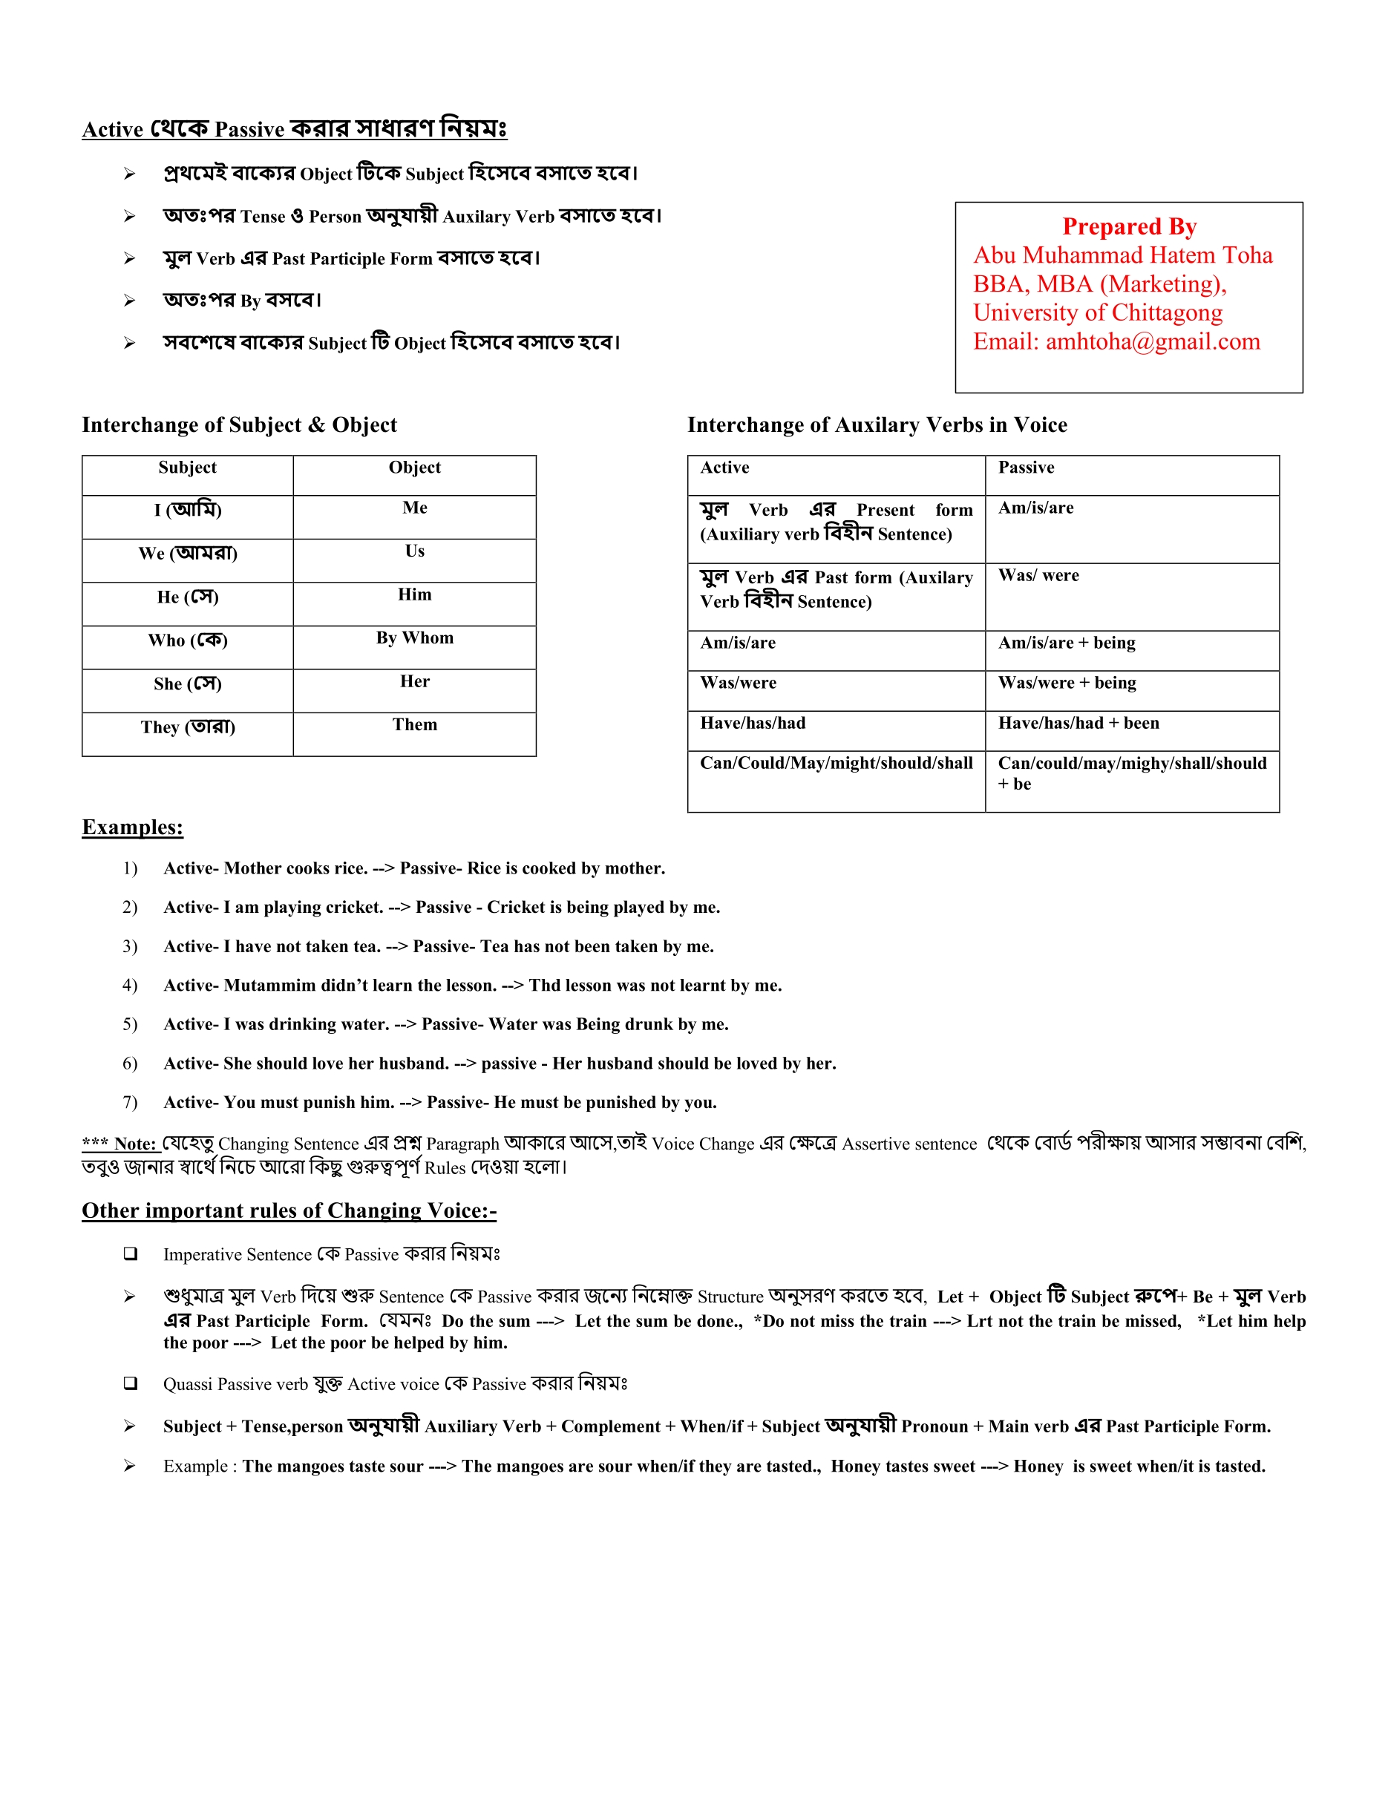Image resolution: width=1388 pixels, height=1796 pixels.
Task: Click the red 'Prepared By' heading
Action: coord(1129,226)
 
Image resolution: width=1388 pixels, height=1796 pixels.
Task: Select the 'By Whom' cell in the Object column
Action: coord(414,638)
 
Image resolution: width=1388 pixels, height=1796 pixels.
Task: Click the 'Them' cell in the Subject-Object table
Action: coord(414,724)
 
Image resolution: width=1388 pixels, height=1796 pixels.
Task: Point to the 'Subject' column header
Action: coord(188,467)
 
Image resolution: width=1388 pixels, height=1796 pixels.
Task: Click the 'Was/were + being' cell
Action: coord(1067,683)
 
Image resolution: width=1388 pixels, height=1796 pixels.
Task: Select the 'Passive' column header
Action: coord(1025,467)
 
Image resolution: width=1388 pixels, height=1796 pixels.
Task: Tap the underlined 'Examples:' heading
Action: coord(132,827)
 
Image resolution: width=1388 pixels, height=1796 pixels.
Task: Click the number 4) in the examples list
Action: coord(130,985)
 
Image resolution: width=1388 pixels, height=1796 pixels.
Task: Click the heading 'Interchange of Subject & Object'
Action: coord(238,425)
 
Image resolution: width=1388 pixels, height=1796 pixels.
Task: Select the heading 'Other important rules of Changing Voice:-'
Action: coord(289,1210)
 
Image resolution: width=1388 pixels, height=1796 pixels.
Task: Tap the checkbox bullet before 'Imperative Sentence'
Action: coord(130,1253)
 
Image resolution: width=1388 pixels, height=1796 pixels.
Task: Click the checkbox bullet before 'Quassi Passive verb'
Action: coord(130,1383)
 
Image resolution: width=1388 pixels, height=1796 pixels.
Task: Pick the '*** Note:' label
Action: coord(121,1144)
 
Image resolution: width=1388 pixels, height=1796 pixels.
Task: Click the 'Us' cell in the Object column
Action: coord(414,551)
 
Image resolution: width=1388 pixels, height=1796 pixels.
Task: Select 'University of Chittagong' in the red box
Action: coord(1097,312)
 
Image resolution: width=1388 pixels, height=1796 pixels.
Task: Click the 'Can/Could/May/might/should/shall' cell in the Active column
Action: coord(837,763)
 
